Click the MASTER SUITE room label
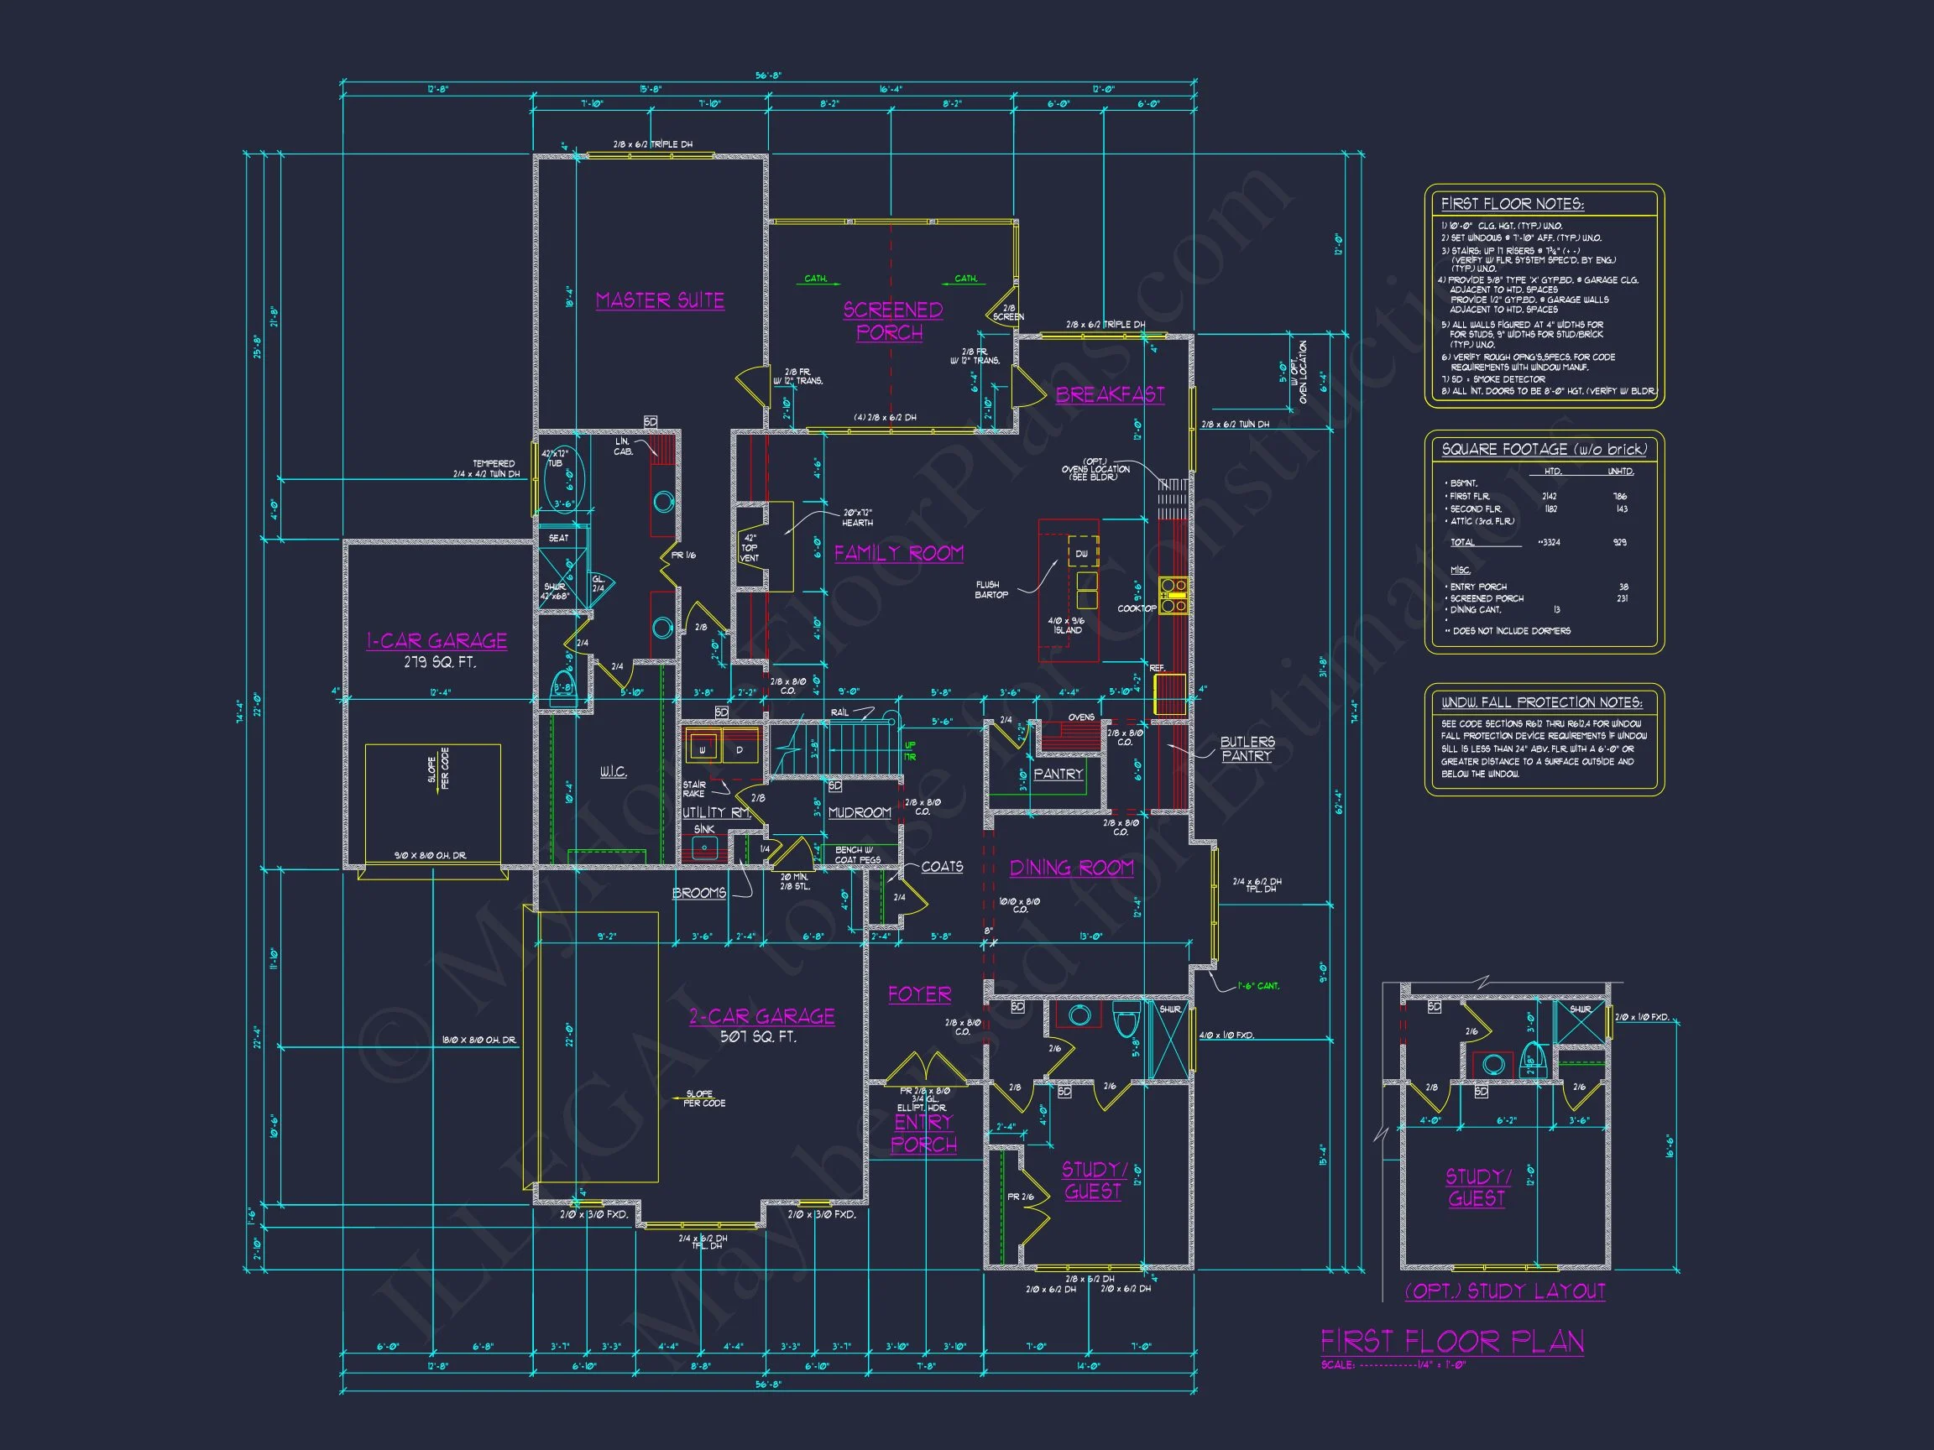(x=659, y=300)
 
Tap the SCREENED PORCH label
(x=891, y=321)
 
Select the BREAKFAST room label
(x=1110, y=395)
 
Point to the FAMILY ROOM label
(x=898, y=553)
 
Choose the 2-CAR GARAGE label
(x=761, y=1016)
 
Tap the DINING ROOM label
(x=1071, y=868)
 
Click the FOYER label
(x=919, y=994)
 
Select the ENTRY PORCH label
(x=923, y=1133)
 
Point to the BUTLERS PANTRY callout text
(x=1247, y=749)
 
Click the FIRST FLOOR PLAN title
(x=1451, y=1342)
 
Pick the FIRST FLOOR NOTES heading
(x=1512, y=205)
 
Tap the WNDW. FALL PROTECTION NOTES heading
(x=1541, y=702)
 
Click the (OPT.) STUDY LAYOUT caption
(x=1505, y=1291)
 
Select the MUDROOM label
(x=860, y=813)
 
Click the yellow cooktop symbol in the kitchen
(x=1173, y=594)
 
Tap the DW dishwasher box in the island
(x=1082, y=553)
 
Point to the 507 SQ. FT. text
(x=758, y=1037)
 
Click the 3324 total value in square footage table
(x=1550, y=543)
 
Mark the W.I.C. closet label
(x=612, y=773)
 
